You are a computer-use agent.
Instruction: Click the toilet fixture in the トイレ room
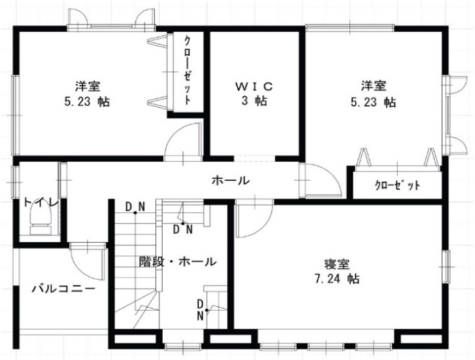pyautogui.click(x=41, y=220)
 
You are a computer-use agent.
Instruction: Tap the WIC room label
pyautogui.click(x=254, y=87)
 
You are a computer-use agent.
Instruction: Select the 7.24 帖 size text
pyautogui.click(x=337, y=278)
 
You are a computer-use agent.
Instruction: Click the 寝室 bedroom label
pyautogui.click(x=337, y=264)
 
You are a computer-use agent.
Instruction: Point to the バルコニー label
pyautogui.click(x=64, y=289)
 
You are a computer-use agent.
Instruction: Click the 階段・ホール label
pyautogui.click(x=178, y=262)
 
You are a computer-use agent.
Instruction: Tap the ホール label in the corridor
pyautogui.click(x=231, y=181)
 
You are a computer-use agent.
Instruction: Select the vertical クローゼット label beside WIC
pyautogui.click(x=188, y=71)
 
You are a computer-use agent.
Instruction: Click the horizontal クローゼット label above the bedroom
pyautogui.click(x=397, y=185)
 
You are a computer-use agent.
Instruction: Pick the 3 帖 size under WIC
pyautogui.click(x=254, y=101)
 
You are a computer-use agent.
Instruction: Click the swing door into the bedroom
pyautogui.click(x=254, y=219)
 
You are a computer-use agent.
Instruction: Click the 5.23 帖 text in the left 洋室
pyautogui.click(x=87, y=102)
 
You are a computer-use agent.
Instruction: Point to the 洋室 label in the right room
pyautogui.click(x=373, y=86)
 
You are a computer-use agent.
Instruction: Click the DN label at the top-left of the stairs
pyautogui.click(x=135, y=207)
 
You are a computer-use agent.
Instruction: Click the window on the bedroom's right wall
pyautogui.click(x=446, y=267)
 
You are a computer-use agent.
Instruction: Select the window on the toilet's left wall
pyautogui.click(x=16, y=183)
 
